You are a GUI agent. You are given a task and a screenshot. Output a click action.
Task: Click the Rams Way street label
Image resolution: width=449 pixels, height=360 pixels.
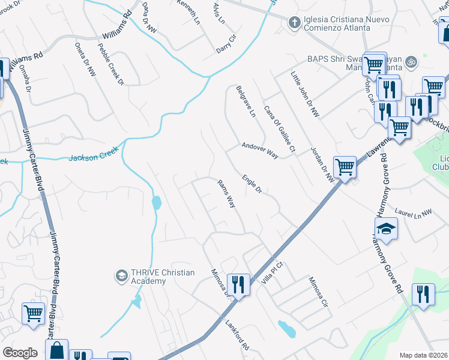click(x=226, y=194)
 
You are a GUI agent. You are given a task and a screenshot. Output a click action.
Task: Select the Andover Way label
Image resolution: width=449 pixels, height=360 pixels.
click(x=260, y=150)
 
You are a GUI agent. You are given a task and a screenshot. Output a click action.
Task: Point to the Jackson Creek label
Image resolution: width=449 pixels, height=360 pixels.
click(x=91, y=158)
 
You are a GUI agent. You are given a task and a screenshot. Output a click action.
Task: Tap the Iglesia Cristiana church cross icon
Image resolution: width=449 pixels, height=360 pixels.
click(x=294, y=23)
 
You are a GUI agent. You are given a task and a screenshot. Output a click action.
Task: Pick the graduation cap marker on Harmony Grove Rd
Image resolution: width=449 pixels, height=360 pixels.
click(x=386, y=228)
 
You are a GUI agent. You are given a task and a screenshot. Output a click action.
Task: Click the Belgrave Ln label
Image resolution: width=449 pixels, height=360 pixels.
click(x=245, y=101)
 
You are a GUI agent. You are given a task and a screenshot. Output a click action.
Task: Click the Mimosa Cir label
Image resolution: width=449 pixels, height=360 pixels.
click(x=319, y=291)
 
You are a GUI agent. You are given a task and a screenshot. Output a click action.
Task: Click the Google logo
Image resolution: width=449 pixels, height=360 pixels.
click(x=20, y=353)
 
